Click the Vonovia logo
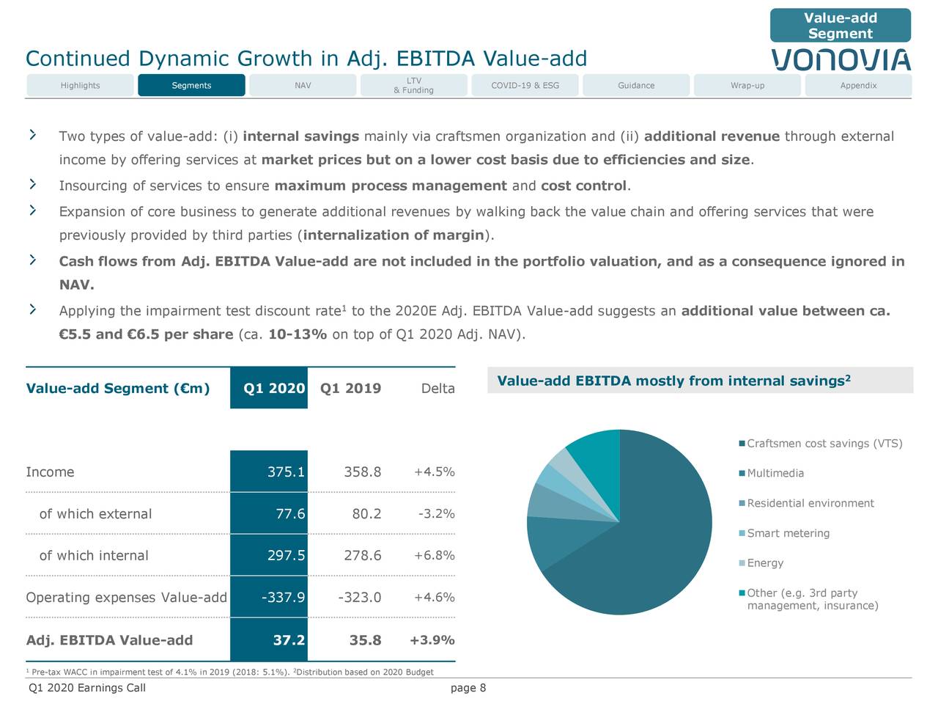pyautogui.click(x=841, y=59)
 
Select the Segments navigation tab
pyautogui.click(x=191, y=86)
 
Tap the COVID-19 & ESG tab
pyautogui.click(x=525, y=86)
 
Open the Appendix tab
pyautogui.click(x=858, y=86)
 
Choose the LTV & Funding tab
pyautogui.click(x=413, y=86)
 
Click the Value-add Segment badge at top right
pyautogui.click(x=840, y=26)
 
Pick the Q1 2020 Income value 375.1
pyautogui.click(x=286, y=472)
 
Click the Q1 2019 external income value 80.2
pyautogui.click(x=366, y=514)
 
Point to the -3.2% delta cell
pyautogui.click(x=436, y=513)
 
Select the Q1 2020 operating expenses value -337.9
pyautogui.click(x=283, y=598)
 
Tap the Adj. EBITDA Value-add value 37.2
pyautogui.click(x=289, y=640)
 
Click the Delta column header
pyautogui.click(x=437, y=389)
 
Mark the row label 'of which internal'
pyautogui.click(x=93, y=556)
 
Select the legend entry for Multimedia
pyautogui.click(x=775, y=474)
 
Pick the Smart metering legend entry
pyautogui.click(x=788, y=533)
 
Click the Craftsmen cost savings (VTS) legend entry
pyautogui.click(x=824, y=444)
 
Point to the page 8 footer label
pyautogui.click(x=468, y=688)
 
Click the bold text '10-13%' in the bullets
pyautogui.click(x=298, y=335)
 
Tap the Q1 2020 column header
pyautogui.click(x=273, y=389)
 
